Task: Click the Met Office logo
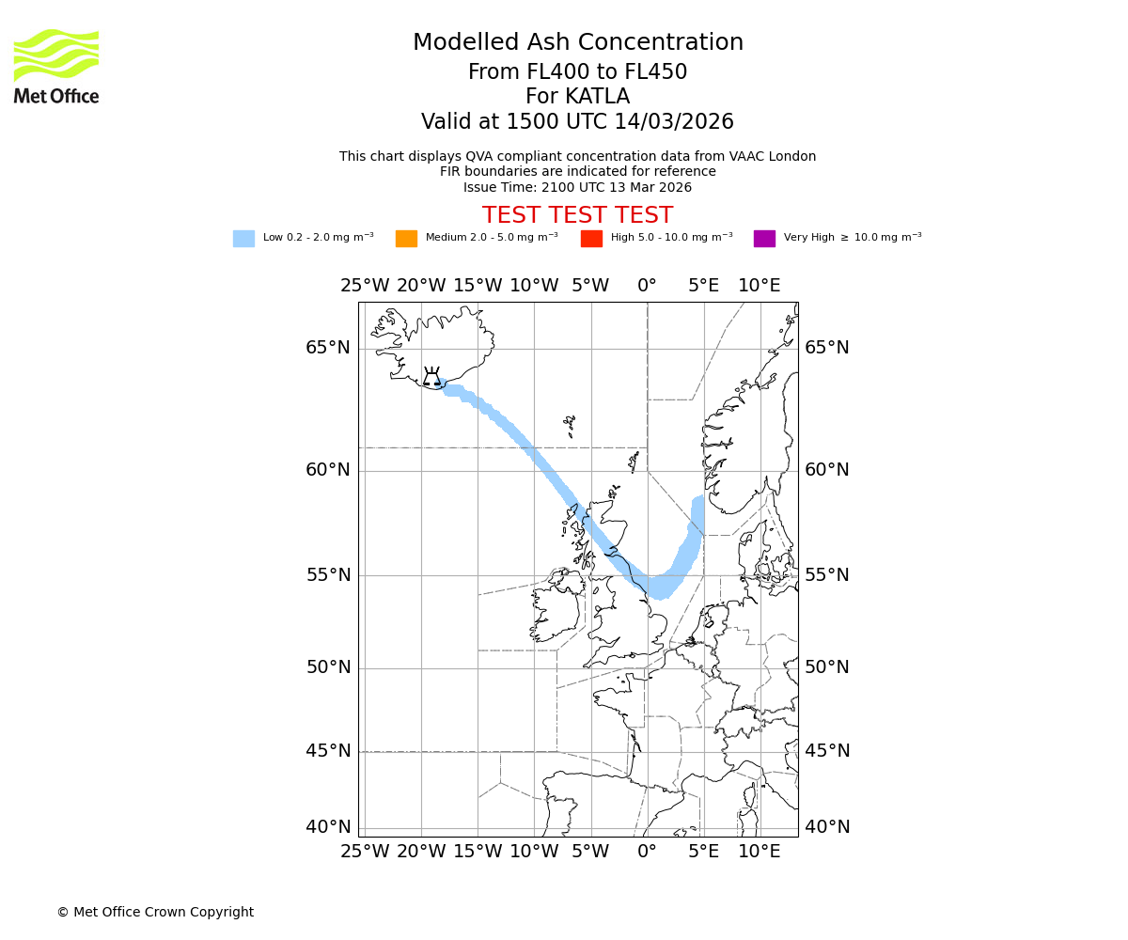tap(56, 66)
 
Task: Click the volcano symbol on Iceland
tap(431, 377)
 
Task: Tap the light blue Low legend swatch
tap(243, 239)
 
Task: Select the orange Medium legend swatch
tap(406, 239)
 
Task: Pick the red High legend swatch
tap(591, 239)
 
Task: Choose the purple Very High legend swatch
tap(764, 239)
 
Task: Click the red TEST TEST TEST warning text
tap(577, 215)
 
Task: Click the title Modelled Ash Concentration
tap(577, 42)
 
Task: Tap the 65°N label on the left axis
tap(327, 348)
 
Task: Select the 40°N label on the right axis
tap(826, 827)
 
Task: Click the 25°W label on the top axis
tap(365, 286)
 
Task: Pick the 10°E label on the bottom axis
tap(759, 852)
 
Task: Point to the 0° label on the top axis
tap(647, 286)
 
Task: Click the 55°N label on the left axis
tap(327, 575)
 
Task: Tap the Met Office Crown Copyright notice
tap(155, 912)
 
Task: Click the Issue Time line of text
tap(577, 187)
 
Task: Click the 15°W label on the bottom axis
tap(478, 852)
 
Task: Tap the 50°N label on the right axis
tap(826, 667)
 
